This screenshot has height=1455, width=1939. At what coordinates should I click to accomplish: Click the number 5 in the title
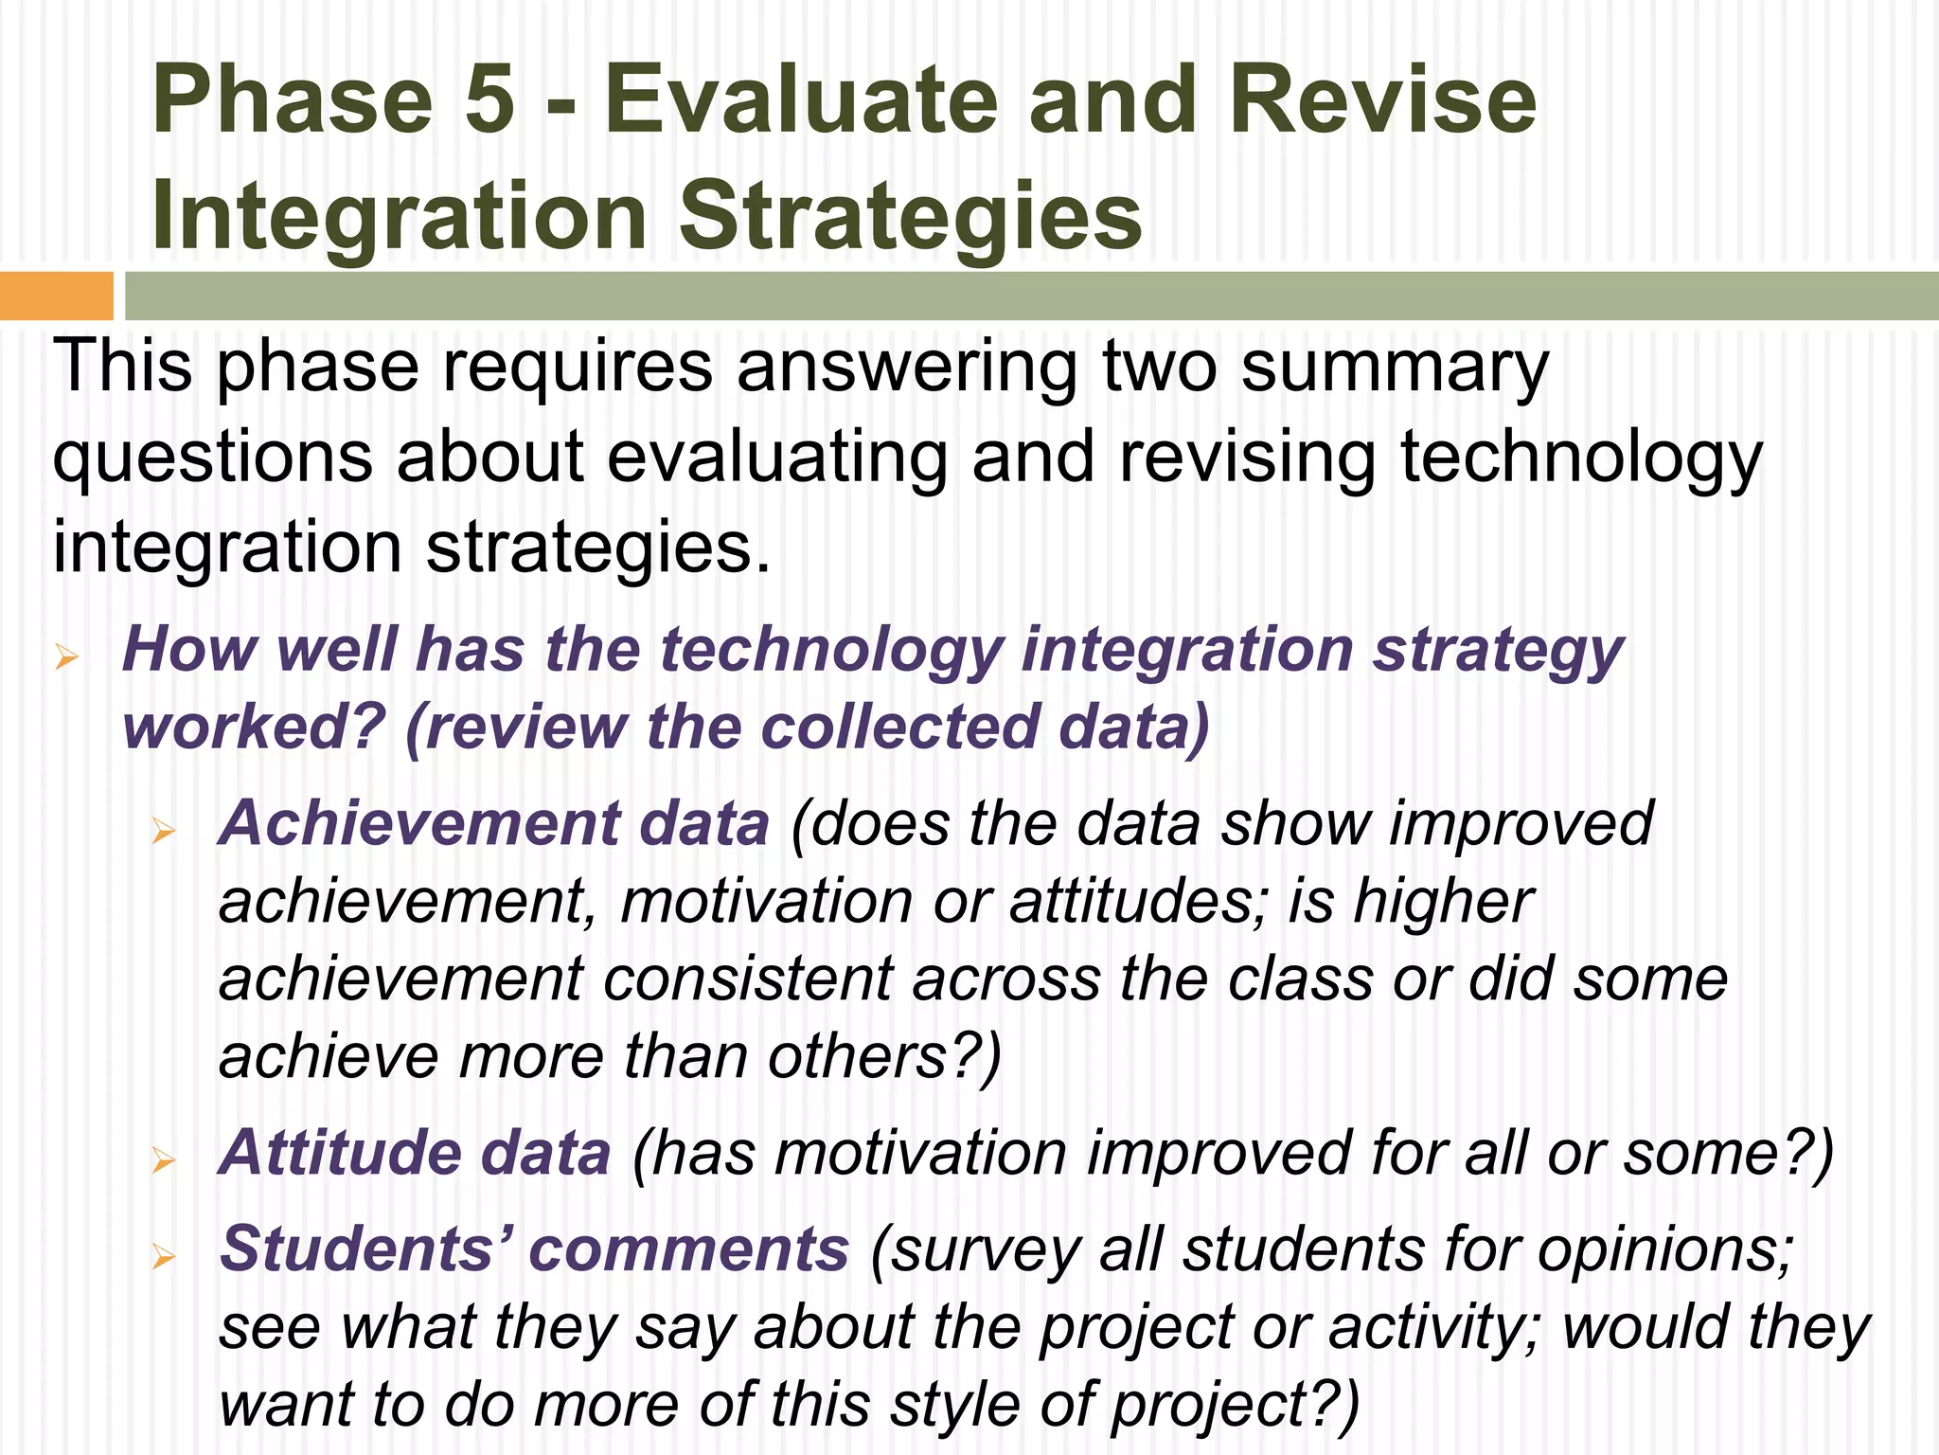489,100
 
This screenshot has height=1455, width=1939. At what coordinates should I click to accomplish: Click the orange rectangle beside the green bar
56,296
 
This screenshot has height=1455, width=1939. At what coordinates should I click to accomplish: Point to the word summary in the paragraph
1394,368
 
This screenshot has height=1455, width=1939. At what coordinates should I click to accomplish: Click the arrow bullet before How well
66,656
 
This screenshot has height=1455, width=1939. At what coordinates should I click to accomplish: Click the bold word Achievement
418,822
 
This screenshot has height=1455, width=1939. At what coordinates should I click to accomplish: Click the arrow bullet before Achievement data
164,832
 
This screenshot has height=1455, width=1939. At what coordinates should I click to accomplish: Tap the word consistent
747,979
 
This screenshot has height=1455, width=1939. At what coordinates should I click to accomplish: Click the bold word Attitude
340,1152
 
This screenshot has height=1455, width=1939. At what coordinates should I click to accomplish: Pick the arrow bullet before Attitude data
164,1161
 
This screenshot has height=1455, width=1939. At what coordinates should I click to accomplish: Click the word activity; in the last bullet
1435,1327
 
